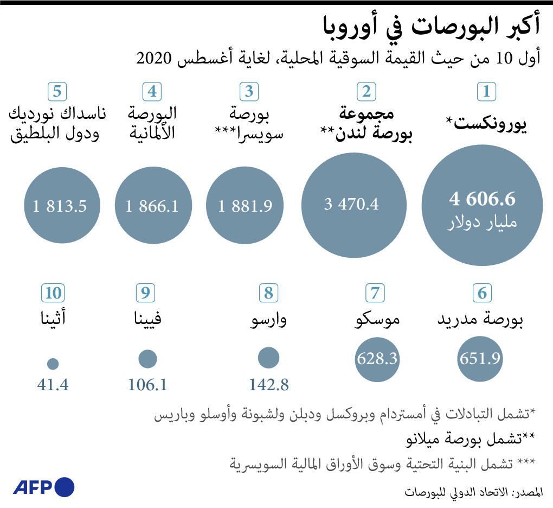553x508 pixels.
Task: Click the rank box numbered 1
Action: coord(486,91)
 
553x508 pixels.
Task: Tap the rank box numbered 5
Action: coord(57,91)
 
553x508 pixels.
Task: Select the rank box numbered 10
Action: coord(53,293)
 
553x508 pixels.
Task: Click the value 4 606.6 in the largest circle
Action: coord(482,199)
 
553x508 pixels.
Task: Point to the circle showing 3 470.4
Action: coord(354,205)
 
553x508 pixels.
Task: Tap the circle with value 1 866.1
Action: coord(152,206)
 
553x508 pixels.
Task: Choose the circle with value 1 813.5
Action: coord(60,206)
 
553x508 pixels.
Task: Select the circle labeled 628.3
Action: coord(377,359)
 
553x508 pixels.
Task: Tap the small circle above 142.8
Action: coord(268,358)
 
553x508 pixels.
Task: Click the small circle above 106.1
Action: coord(147,359)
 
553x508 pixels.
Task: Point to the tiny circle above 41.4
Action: coord(53,364)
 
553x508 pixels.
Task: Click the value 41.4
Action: coord(53,385)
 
